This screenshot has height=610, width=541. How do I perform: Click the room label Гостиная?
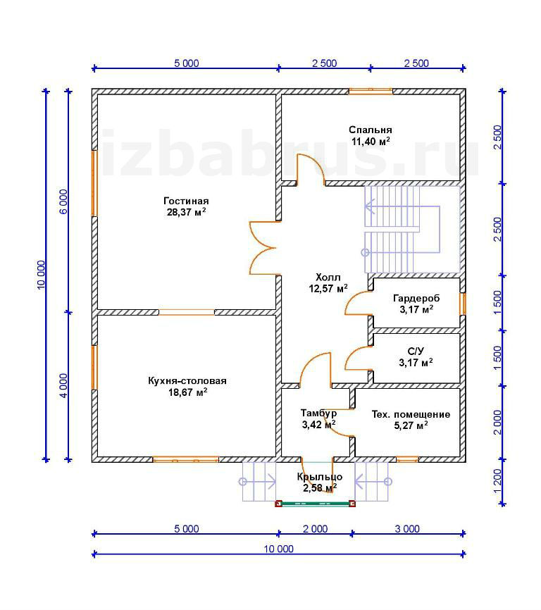pos(186,201)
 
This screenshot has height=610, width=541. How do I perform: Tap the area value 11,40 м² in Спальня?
pos(371,141)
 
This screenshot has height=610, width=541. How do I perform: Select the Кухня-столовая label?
pos(187,381)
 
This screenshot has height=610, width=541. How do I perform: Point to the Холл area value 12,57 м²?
pos(328,288)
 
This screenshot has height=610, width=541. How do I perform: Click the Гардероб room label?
pos(416,299)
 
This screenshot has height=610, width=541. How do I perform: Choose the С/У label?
pos(416,351)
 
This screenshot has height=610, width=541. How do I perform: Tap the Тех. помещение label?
pos(411,414)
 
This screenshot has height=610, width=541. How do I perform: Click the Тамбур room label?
pos(318,413)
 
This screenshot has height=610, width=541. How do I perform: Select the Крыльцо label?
pos(320,477)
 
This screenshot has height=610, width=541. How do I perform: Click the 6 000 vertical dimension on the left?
pos(63,201)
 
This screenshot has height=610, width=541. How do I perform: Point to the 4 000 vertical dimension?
pos(63,385)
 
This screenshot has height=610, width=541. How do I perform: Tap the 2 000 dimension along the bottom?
pos(315,529)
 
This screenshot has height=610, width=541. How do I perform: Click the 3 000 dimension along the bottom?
pos(407,529)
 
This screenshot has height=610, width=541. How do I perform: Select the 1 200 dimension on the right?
pos(497,481)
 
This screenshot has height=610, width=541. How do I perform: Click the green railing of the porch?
pos(315,504)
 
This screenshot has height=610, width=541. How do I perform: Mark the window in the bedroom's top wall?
pos(371,92)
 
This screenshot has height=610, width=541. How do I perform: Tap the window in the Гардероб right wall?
pos(463,304)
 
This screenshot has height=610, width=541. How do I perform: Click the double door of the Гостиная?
pos(263,248)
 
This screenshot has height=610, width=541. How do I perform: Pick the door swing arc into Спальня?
pos(311,168)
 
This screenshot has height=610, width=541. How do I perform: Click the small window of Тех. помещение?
pos(407,459)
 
